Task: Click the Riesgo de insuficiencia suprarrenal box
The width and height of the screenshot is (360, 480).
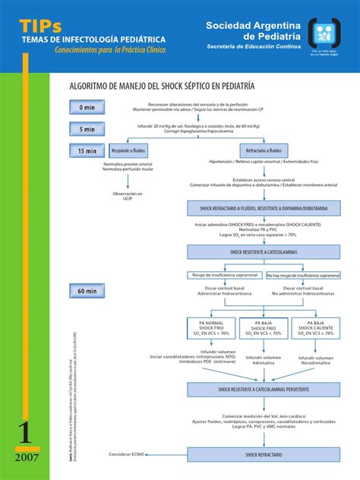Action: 225,275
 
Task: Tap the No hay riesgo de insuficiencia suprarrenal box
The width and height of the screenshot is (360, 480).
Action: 302,275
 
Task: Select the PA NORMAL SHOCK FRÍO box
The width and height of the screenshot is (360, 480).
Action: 209,327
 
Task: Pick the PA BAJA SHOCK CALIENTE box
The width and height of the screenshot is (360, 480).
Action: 317,327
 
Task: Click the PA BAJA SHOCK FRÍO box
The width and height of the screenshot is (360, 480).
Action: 263,327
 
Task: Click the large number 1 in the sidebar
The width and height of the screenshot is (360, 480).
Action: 24,433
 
